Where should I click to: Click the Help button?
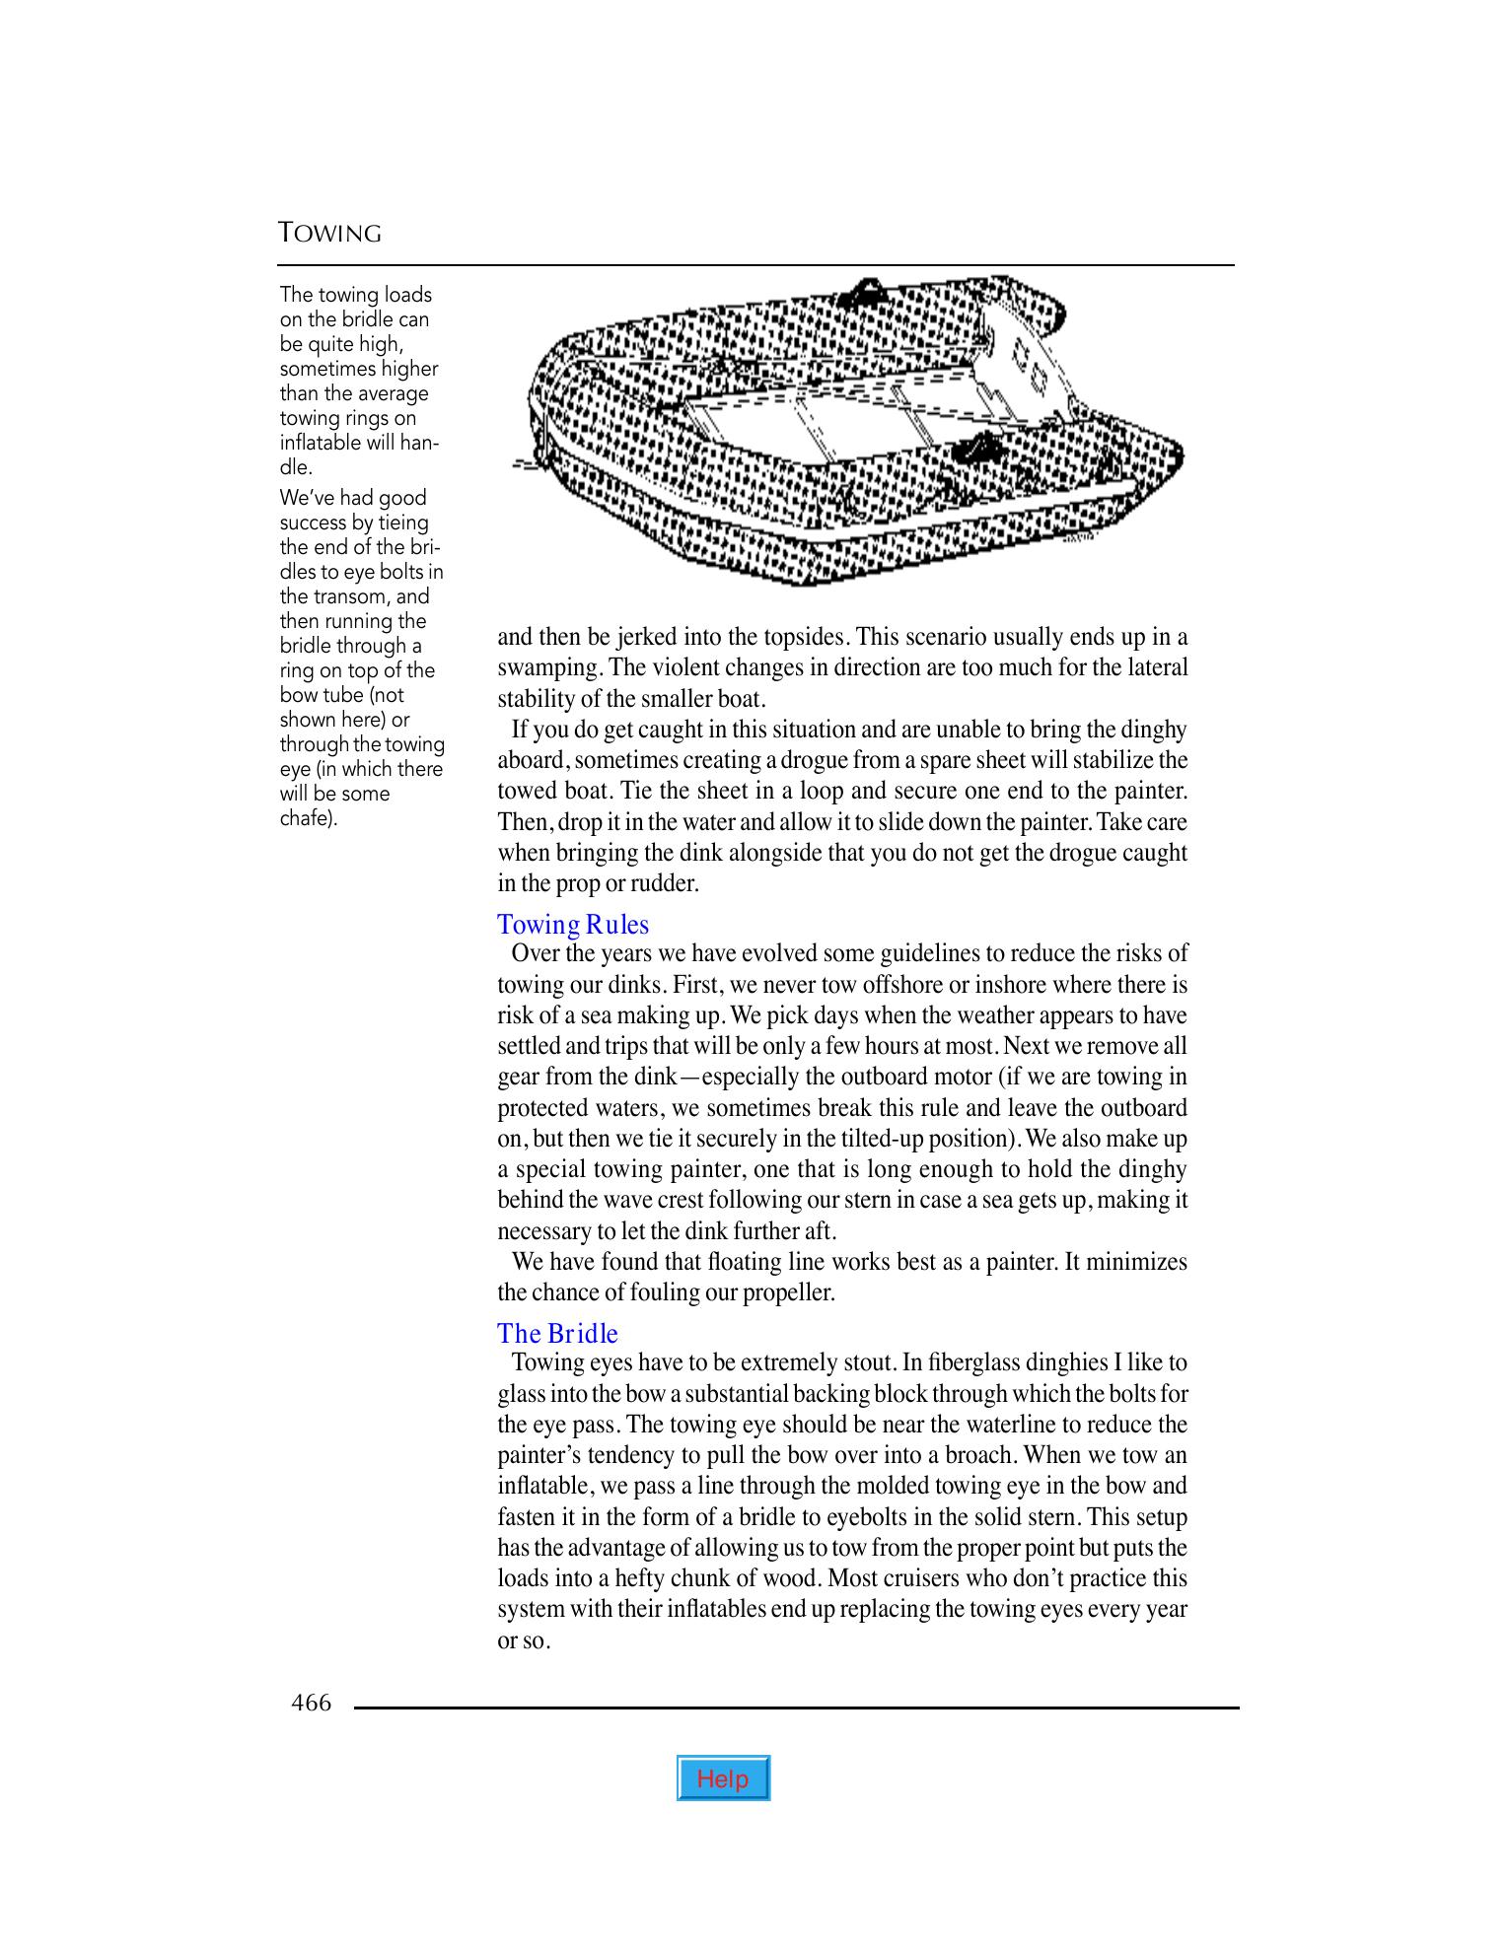click(723, 1778)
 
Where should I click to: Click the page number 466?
click(311, 1703)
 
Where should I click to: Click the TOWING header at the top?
click(329, 234)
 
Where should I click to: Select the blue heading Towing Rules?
click(573, 925)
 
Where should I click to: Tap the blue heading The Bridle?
click(557, 1334)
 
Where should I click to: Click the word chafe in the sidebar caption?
click(306, 819)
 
